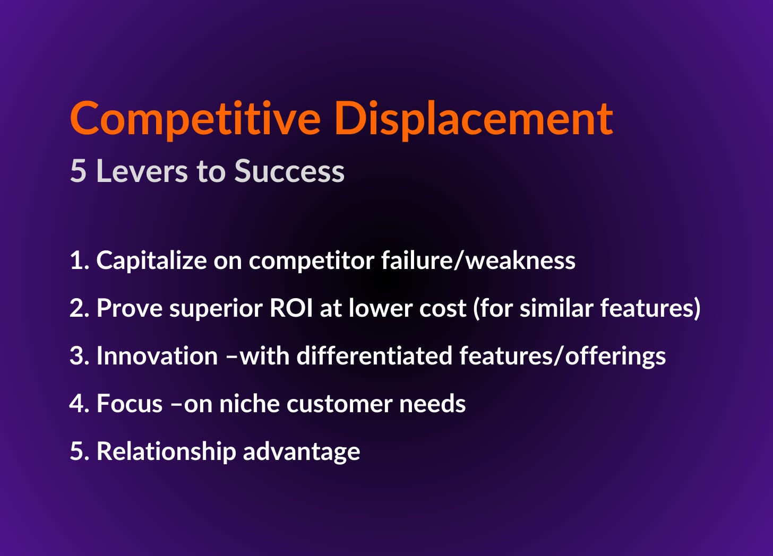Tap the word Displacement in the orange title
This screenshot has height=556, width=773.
click(474, 119)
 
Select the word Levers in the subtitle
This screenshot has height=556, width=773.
click(142, 171)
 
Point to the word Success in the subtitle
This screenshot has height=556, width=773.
click(289, 171)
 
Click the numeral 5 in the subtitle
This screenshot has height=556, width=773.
click(78, 171)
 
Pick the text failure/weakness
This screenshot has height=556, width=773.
click(478, 260)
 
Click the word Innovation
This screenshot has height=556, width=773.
click(157, 356)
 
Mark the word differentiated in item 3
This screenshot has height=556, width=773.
click(374, 356)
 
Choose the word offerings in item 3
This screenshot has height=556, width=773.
click(615, 356)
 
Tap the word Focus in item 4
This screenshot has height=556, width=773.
click(130, 404)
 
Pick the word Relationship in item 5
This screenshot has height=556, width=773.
click(166, 451)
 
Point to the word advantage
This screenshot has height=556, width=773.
click(302, 451)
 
